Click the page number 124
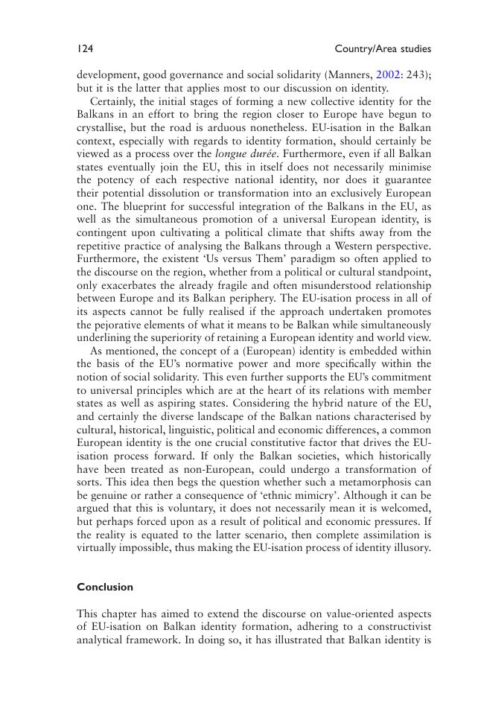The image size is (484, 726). [x=84, y=49]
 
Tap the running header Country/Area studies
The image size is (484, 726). [x=383, y=49]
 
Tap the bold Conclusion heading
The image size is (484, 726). [x=105, y=587]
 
